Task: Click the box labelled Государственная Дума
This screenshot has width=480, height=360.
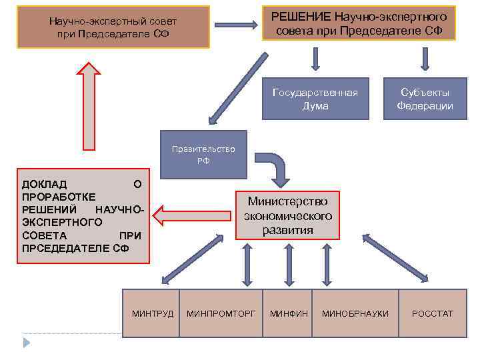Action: click(x=315, y=99)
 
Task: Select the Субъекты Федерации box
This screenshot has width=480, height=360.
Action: click(x=425, y=99)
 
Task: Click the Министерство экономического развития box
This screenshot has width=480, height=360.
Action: click(x=287, y=215)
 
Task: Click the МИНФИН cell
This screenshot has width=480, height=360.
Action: click(x=288, y=313)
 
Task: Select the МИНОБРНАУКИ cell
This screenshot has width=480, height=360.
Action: click(x=355, y=313)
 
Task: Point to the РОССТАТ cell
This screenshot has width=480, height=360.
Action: click(x=432, y=313)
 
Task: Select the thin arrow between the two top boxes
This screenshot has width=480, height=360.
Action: click(x=236, y=25)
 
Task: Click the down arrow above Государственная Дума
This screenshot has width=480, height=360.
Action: click(x=315, y=59)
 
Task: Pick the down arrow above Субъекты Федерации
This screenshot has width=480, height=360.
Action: click(x=425, y=59)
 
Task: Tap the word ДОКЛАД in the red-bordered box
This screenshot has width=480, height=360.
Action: click(x=44, y=184)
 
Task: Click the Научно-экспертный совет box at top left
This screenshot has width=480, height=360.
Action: click(x=113, y=27)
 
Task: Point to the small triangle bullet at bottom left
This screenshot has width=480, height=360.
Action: click(x=27, y=342)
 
